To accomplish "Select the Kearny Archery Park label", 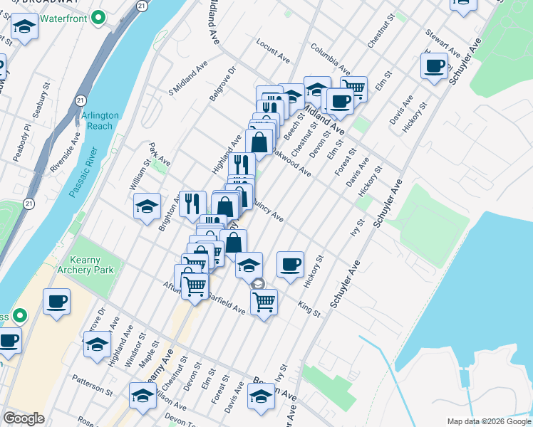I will (x=93, y=265).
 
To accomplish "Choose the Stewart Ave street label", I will (x=443, y=43).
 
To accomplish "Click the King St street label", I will (x=309, y=307).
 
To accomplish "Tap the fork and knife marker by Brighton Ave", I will (x=192, y=204).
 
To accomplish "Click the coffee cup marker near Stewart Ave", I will (x=434, y=67).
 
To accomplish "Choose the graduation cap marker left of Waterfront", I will (x=25, y=28).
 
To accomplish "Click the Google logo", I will (x=24, y=418).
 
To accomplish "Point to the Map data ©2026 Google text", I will (x=488, y=421).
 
